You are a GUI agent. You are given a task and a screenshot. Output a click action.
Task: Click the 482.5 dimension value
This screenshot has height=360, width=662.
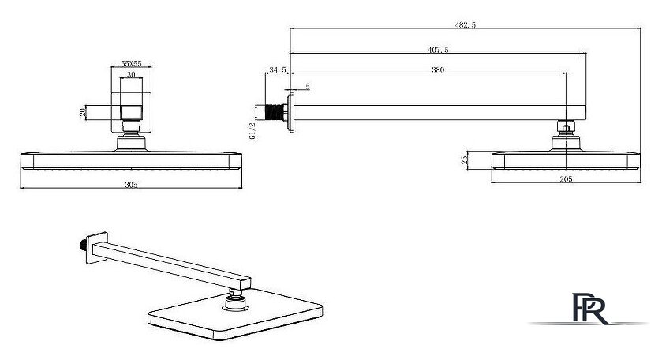[466, 25]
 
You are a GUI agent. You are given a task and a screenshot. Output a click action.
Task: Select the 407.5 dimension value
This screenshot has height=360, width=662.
[438, 50]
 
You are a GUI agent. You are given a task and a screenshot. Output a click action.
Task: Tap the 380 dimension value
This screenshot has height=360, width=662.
[438, 69]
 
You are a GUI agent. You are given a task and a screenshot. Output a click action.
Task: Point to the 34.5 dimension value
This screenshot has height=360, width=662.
[278, 69]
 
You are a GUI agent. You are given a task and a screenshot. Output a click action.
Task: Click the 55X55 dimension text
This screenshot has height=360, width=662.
[131, 64]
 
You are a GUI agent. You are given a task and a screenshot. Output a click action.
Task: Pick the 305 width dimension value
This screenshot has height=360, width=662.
[131, 185]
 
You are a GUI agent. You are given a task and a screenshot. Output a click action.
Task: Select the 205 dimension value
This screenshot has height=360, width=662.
[566, 179]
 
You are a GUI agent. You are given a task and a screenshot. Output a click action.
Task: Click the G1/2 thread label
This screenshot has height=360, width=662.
[252, 130]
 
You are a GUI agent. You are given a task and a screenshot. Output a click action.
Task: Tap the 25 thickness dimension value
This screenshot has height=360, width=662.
[465, 160]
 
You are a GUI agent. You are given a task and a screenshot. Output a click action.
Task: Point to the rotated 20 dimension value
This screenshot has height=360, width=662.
[83, 112]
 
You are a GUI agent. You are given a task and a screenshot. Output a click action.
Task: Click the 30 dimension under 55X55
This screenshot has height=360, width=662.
[131, 75]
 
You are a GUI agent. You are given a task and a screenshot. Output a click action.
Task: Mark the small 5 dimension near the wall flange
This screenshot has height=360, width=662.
[308, 87]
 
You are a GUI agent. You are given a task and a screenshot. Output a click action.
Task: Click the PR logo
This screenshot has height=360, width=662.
[589, 309]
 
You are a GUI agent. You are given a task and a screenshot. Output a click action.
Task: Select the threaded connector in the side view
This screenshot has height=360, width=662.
[276, 112]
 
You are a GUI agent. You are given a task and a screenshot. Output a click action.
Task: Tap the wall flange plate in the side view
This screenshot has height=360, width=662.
[291, 113]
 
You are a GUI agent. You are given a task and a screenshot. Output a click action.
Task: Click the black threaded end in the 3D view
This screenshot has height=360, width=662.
[83, 245]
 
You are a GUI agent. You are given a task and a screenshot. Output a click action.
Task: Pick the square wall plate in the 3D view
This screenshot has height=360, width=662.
[97, 248]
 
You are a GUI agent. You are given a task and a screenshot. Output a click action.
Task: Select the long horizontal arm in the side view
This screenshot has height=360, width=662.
[439, 112]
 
